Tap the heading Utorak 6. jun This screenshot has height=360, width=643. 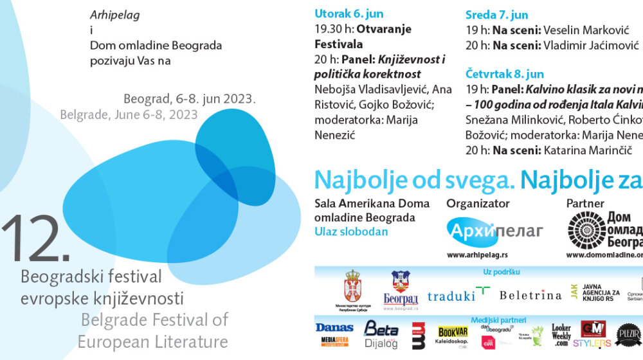(x=349, y=14)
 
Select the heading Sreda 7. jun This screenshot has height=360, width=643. (x=496, y=15)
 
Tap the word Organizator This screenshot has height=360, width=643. (x=478, y=203)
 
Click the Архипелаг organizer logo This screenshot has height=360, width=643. (x=495, y=230)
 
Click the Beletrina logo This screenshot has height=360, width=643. (x=530, y=295)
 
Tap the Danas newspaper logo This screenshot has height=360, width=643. (x=334, y=328)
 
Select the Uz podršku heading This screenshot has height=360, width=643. (x=501, y=272)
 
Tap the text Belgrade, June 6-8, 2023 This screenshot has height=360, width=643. (x=129, y=114)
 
